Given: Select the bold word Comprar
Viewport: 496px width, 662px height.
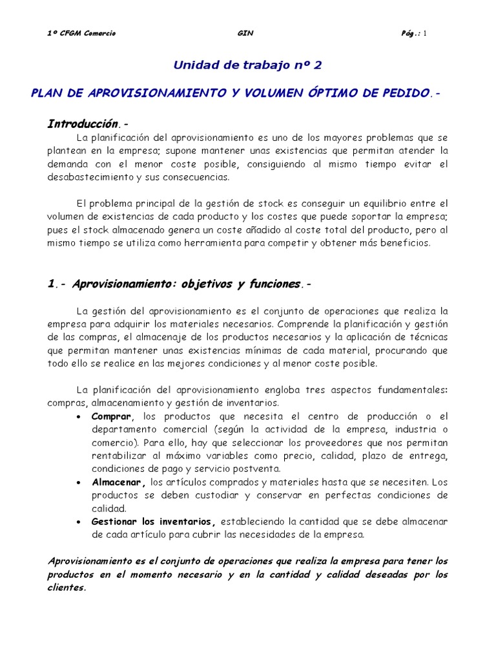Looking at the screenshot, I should (x=111, y=416).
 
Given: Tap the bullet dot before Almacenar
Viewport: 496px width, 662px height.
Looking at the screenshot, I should (x=78, y=483).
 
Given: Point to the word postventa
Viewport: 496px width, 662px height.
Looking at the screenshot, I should (x=257, y=468).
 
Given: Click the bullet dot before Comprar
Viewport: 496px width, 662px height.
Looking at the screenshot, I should (x=78, y=416).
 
